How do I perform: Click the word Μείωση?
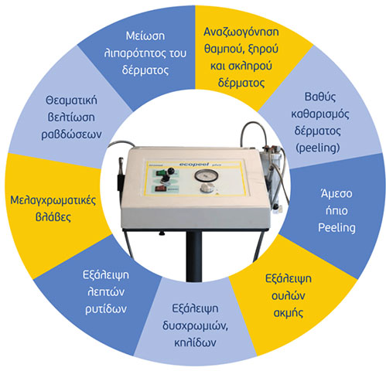coord(145,36)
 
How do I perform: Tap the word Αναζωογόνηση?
coord(241,32)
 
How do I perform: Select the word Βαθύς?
coord(320,97)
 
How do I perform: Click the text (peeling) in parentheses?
coord(318,148)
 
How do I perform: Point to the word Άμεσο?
coord(336,193)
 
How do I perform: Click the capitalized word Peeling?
coord(336,228)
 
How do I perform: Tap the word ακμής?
coord(288,313)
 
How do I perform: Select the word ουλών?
coord(288,296)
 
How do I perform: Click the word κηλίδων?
coord(195,343)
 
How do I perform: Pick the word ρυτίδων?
coord(106,309)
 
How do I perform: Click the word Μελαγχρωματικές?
coord(53,201)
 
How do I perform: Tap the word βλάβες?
coord(53,217)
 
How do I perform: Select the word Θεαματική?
coord(71,100)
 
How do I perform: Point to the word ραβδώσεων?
coord(71,134)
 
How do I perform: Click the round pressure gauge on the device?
coord(206,175)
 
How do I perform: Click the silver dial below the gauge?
coord(207,189)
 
